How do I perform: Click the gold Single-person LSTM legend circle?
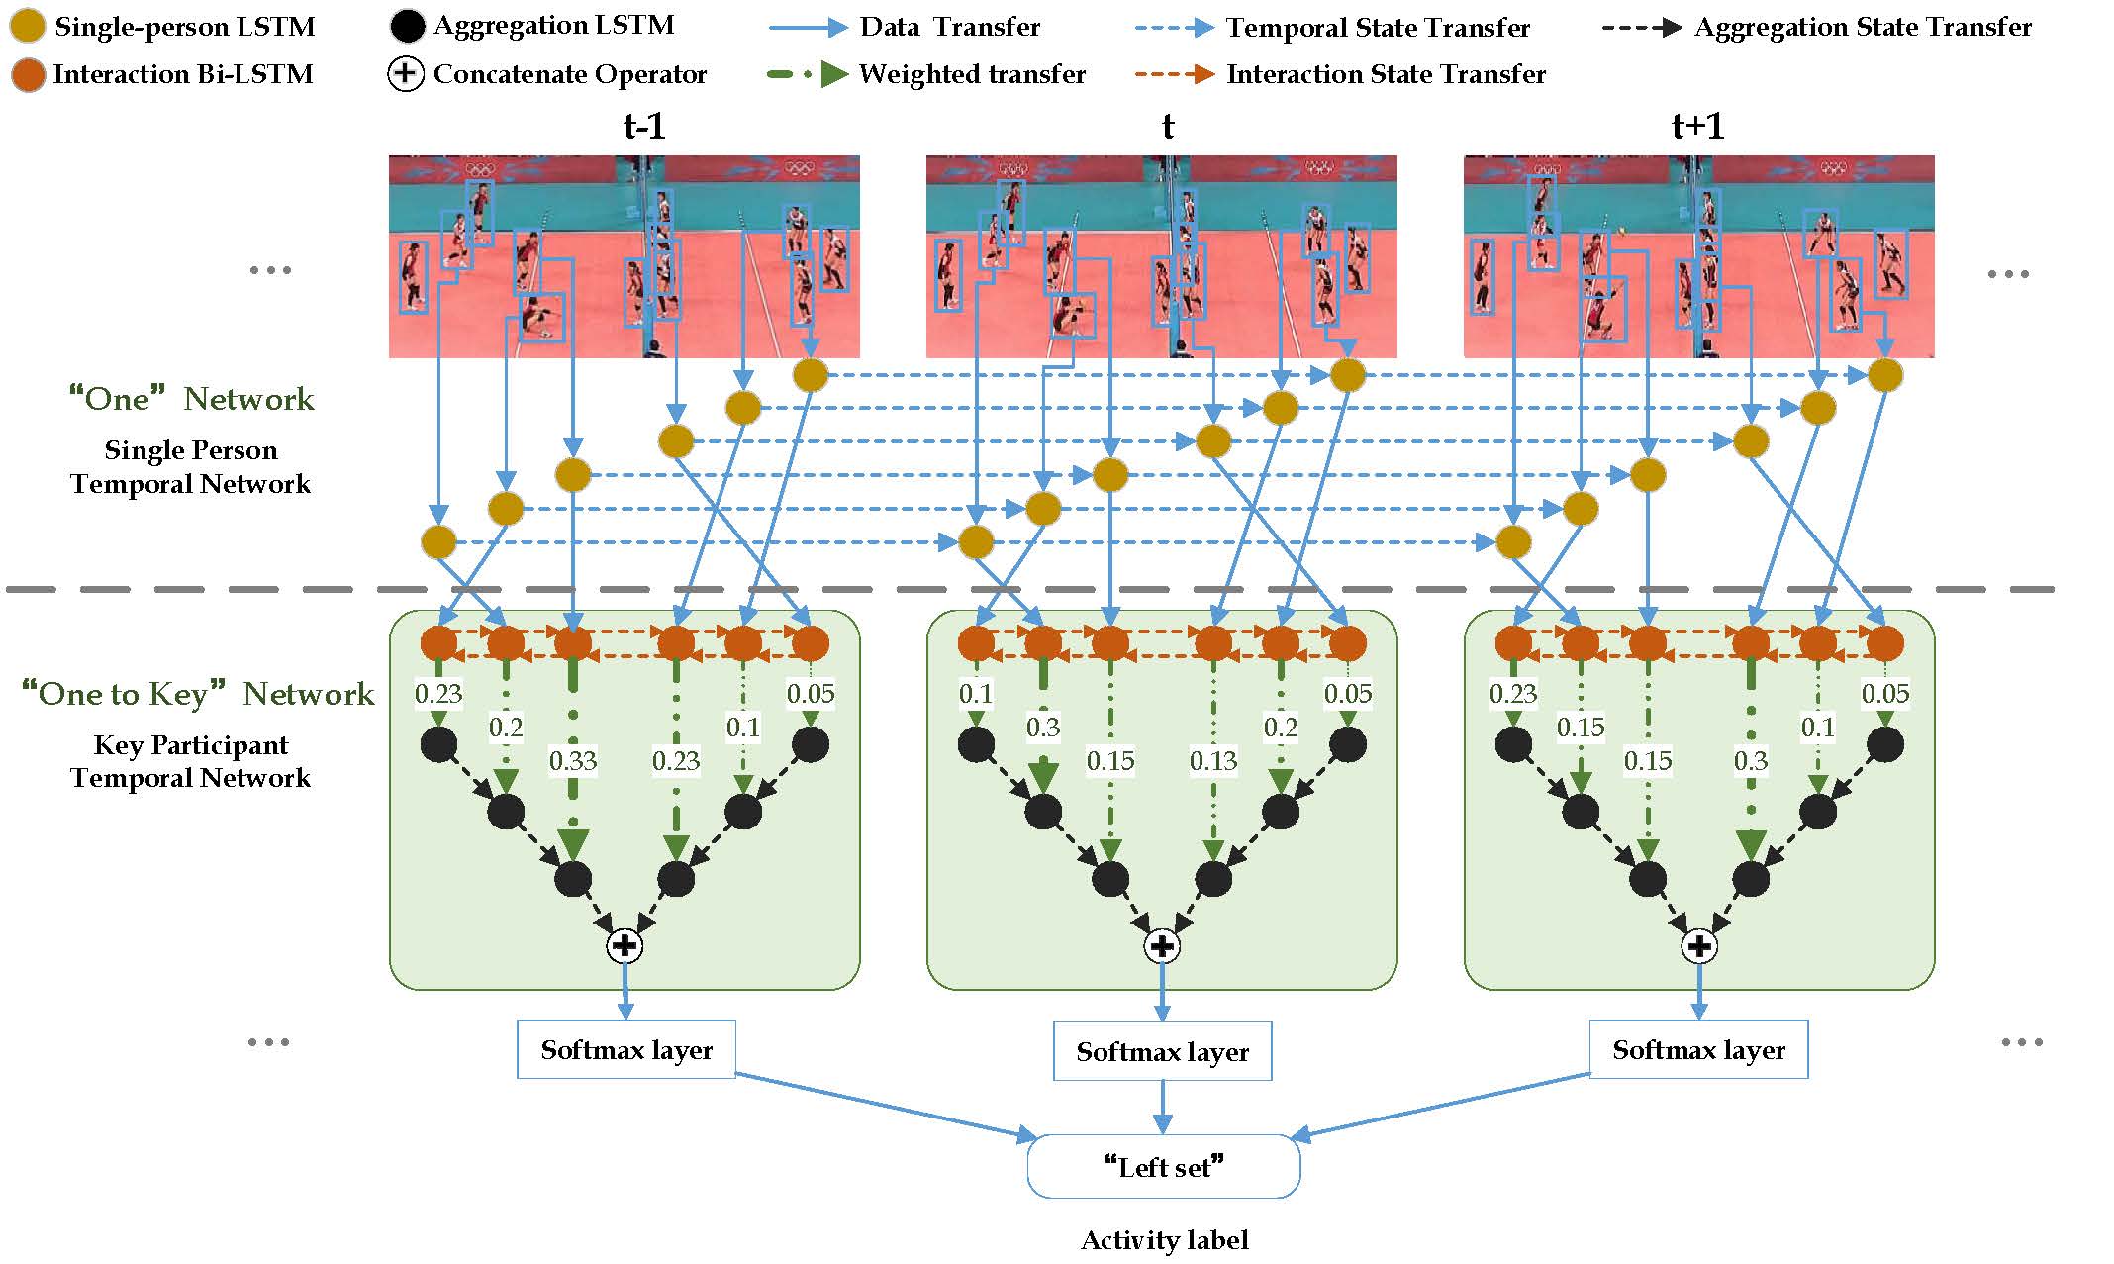pyautogui.click(x=27, y=27)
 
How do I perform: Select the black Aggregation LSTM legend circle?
pyautogui.click(x=407, y=27)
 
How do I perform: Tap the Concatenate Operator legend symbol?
pyautogui.click(x=406, y=74)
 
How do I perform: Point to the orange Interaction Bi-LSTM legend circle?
pyautogui.click(x=28, y=74)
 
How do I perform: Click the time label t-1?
pyautogui.click(x=644, y=127)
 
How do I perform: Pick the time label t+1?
pyautogui.click(x=1697, y=127)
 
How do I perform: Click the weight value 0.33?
pyautogui.click(x=573, y=761)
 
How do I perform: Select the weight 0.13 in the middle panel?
pyautogui.click(x=1212, y=761)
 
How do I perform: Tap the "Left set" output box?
pyautogui.click(x=1163, y=1167)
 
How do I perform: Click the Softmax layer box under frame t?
pyautogui.click(x=1162, y=1051)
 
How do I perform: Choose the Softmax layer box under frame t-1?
pyautogui.click(x=625, y=1049)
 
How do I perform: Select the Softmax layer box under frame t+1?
pyautogui.click(x=1698, y=1049)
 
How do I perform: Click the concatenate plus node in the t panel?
pyautogui.click(x=1162, y=946)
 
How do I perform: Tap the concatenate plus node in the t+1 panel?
pyautogui.click(x=1699, y=946)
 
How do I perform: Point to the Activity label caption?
pyautogui.click(x=1164, y=1240)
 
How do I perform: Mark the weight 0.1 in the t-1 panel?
pyautogui.click(x=742, y=728)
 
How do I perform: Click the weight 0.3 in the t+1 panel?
pyautogui.click(x=1750, y=761)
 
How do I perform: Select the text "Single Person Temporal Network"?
pyautogui.click(x=190, y=467)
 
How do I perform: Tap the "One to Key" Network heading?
pyautogui.click(x=198, y=694)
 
